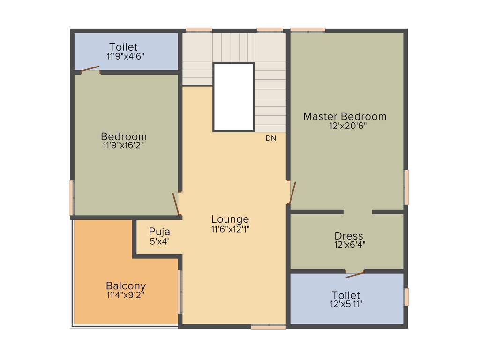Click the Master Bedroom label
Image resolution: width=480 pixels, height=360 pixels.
click(x=345, y=116)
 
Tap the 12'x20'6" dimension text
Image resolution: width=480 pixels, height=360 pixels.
click(x=347, y=126)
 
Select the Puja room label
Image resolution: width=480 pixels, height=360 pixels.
click(x=159, y=232)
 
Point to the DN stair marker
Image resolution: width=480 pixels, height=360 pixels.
click(x=271, y=138)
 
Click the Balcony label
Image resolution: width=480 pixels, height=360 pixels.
click(x=126, y=285)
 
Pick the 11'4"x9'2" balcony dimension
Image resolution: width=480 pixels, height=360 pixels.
click(x=125, y=295)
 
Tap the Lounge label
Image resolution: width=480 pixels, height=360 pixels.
click(x=230, y=219)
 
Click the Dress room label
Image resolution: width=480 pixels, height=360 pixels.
click(x=348, y=235)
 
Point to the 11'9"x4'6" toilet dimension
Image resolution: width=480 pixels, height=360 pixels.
click(x=125, y=56)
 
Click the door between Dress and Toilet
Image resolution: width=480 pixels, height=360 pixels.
click(x=355, y=274)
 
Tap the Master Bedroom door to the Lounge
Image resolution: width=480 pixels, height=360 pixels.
click(x=292, y=193)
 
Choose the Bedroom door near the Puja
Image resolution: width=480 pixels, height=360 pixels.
click(x=176, y=204)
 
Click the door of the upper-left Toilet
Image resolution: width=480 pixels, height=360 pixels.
click(x=90, y=70)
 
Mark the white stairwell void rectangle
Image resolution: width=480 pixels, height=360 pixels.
click(x=233, y=97)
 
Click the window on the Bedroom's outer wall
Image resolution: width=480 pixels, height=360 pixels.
click(x=72, y=197)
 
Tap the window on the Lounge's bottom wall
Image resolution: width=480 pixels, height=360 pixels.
click(x=268, y=327)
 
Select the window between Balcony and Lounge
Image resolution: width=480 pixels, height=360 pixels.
click(x=179, y=291)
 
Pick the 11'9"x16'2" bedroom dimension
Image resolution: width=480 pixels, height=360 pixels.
click(x=123, y=145)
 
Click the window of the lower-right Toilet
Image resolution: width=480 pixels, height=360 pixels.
click(x=406, y=297)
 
